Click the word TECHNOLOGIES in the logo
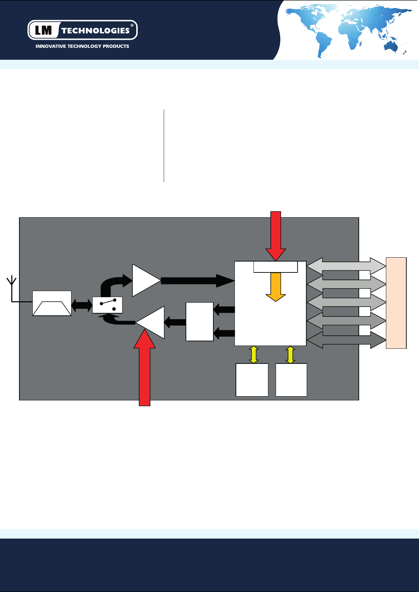95,31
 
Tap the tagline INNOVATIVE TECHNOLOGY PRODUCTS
82,46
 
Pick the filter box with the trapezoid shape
52,303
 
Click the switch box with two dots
107,305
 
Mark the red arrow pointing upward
144,369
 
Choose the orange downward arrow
276,287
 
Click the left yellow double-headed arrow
254,355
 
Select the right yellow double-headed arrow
290,355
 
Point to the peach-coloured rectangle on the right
396,303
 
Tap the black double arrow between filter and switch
82,305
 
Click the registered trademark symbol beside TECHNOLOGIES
132,25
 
